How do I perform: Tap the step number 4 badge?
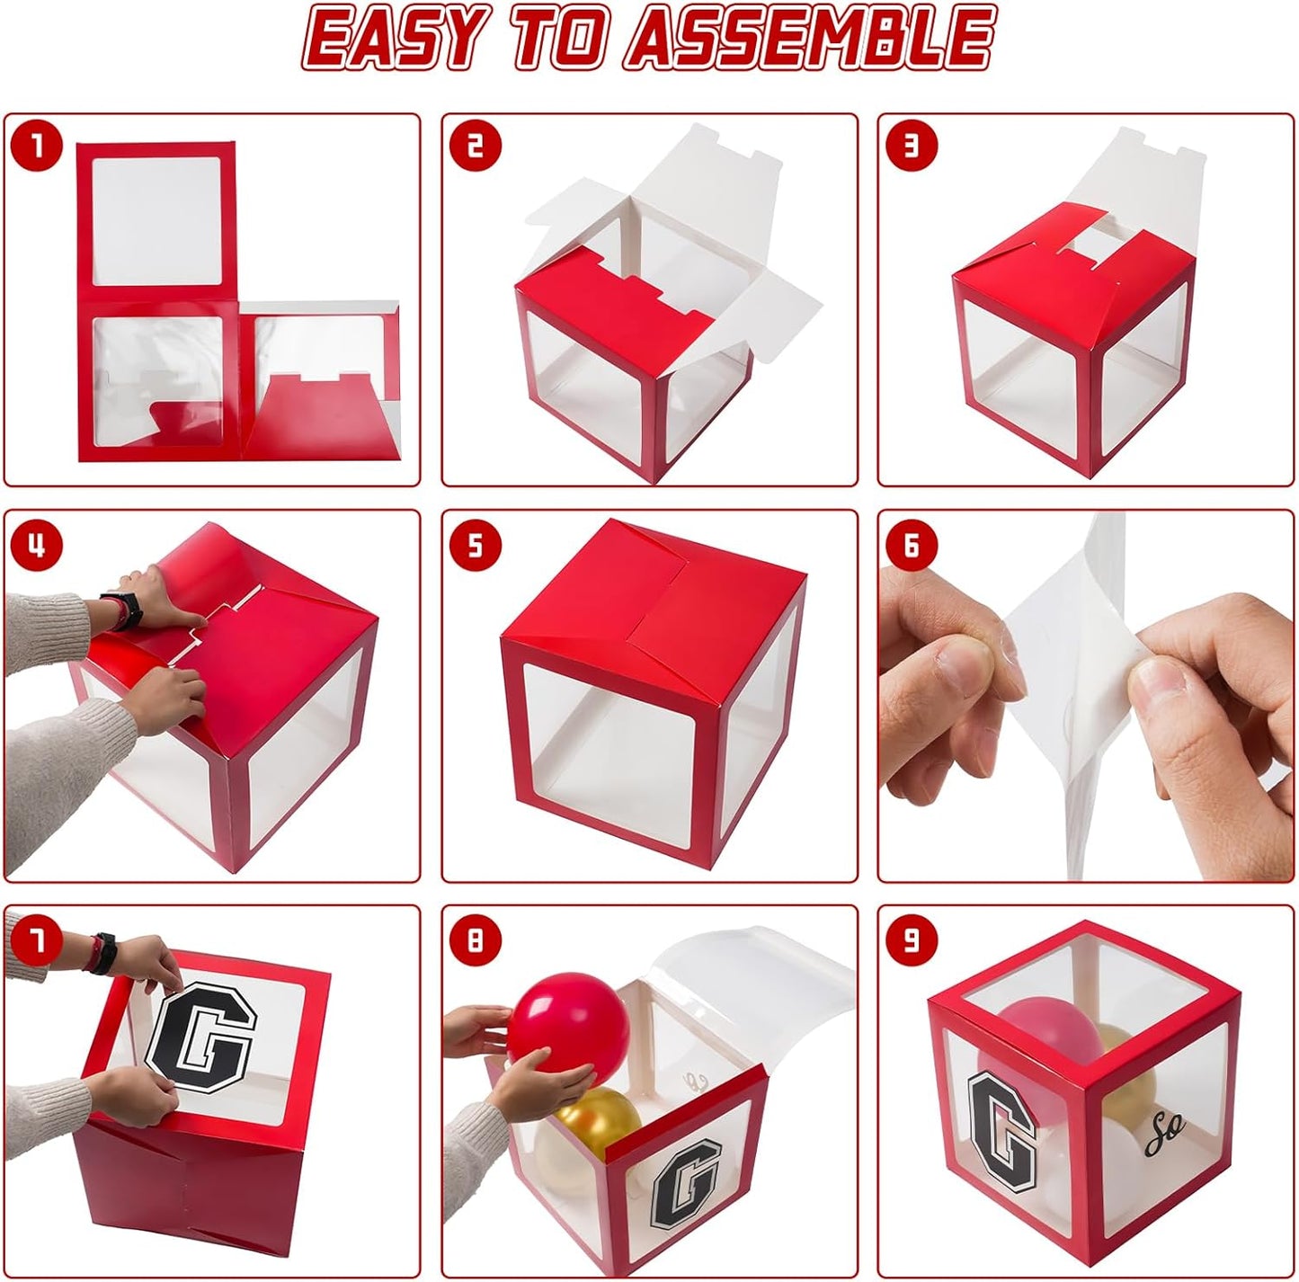(37, 544)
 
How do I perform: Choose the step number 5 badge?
(476, 544)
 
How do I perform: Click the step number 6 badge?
(912, 544)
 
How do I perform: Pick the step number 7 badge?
(37, 939)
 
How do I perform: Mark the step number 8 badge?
(476, 939)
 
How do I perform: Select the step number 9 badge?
(912, 939)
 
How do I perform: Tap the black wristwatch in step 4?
(122, 609)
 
